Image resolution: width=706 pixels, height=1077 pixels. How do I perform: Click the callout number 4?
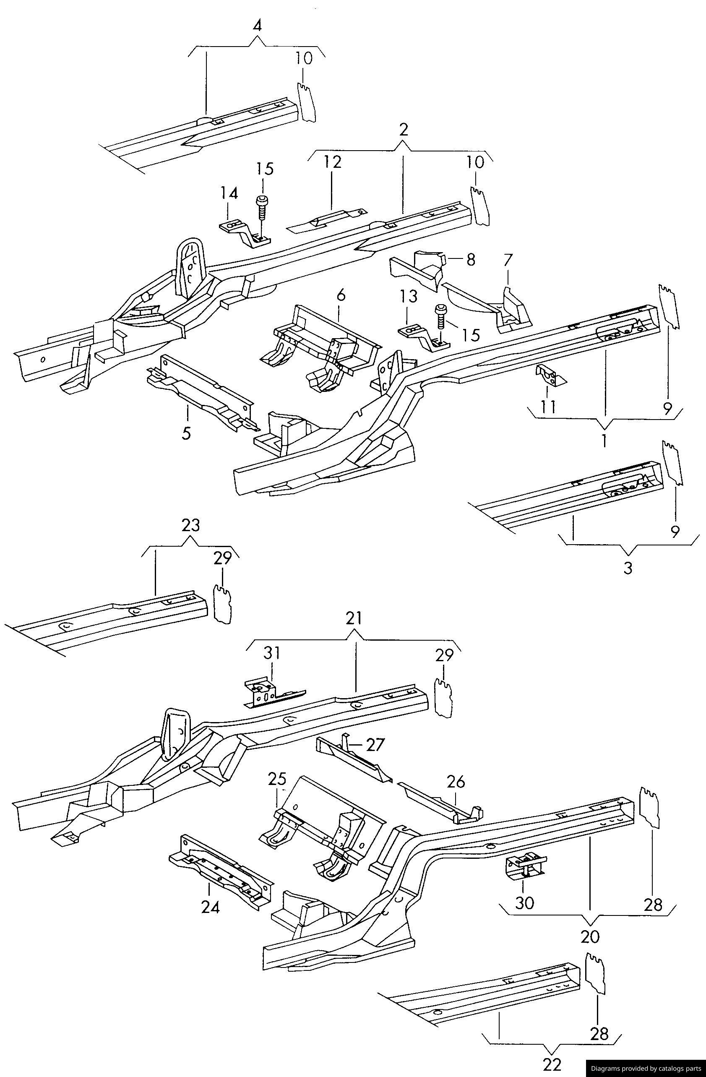257,26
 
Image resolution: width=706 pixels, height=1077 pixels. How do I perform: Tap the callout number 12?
332,162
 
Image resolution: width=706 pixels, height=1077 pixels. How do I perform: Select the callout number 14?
229,194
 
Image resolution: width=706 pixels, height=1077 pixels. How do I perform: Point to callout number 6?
341,295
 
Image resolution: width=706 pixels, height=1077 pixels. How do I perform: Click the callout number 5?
186,433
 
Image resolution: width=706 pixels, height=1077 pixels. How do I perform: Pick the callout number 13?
408,297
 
